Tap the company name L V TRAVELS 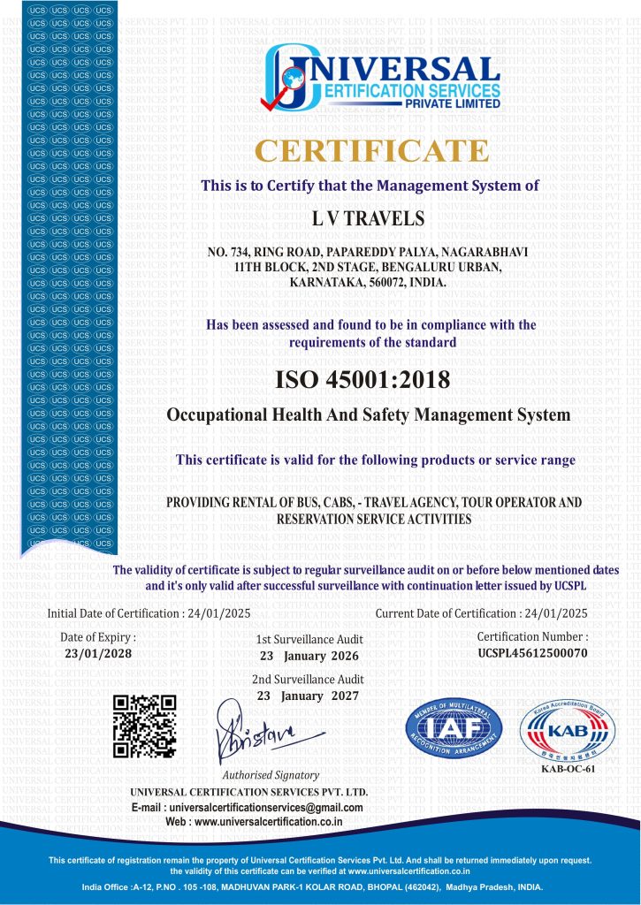pyautogui.click(x=370, y=217)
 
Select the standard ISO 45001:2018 pyautogui.click(x=362, y=380)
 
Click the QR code pyautogui.click(x=145, y=726)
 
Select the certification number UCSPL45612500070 pyautogui.click(x=532, y=653)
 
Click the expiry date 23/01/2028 pyautogui.click(x=98, y=653)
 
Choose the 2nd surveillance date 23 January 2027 pyautogui.click(x=309, y=696)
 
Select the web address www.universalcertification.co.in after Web pyautogui.click(x=268, y=822)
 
